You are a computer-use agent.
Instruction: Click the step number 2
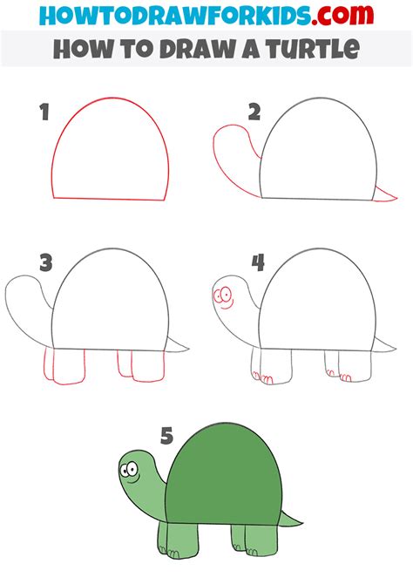click(x=254, y=112)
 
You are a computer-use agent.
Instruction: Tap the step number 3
click(x=44, y=261)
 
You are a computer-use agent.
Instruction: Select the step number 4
click(x=257, y=261)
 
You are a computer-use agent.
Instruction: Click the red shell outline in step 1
click(x=109, y=103)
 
